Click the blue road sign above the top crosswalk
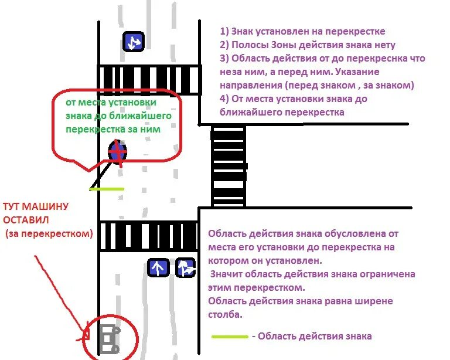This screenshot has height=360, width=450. [133, 42]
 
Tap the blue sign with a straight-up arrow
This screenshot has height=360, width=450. [158, 268]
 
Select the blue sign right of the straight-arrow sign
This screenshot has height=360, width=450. [186, 268]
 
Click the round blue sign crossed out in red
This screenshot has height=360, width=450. [118, 152]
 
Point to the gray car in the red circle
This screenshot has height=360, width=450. [108, 339]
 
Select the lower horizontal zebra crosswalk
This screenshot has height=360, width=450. [148, 236]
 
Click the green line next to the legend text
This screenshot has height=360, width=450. [230, 337]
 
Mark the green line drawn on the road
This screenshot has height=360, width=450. [107, 189]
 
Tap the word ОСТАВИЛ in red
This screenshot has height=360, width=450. [26, 220]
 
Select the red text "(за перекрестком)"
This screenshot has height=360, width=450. [49, 233]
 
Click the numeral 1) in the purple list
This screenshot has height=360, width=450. [224, 32]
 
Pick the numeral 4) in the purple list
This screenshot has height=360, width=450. [224, 99]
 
